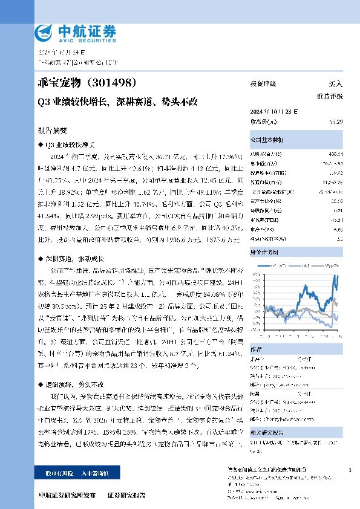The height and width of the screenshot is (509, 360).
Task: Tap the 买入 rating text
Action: (x=335, y=83)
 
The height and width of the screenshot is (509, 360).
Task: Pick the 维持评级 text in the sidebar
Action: (x=329, y=96)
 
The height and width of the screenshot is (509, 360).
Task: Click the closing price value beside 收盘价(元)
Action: (x=336, y=122)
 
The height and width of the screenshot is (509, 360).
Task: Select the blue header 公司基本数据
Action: (x=267, y=139)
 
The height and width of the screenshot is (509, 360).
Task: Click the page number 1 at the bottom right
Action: (x=350, y=470)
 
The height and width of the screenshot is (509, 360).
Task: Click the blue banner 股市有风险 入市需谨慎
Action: (x=76, y=473)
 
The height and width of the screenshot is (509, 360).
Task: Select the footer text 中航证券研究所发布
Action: (x=67, y=494)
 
